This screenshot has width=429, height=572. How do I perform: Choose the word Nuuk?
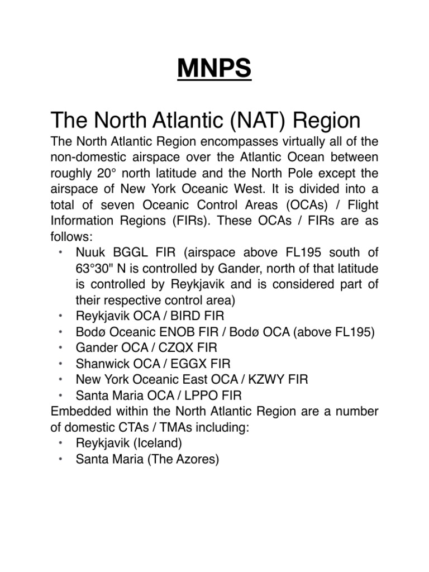coord(90,252)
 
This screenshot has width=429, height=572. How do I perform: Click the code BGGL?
coord(128,252)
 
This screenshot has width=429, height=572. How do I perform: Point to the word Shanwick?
coord(100,364)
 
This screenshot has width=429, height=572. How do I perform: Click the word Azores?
coord(195,459)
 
